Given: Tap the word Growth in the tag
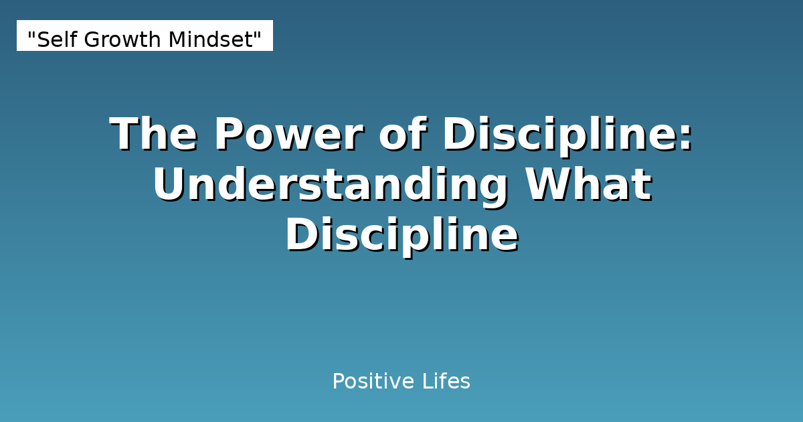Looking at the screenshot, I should [118, 40].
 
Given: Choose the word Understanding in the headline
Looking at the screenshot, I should [329, 185].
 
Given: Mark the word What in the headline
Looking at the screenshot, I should [588, 185].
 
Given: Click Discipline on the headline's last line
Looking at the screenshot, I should [401, 236].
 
